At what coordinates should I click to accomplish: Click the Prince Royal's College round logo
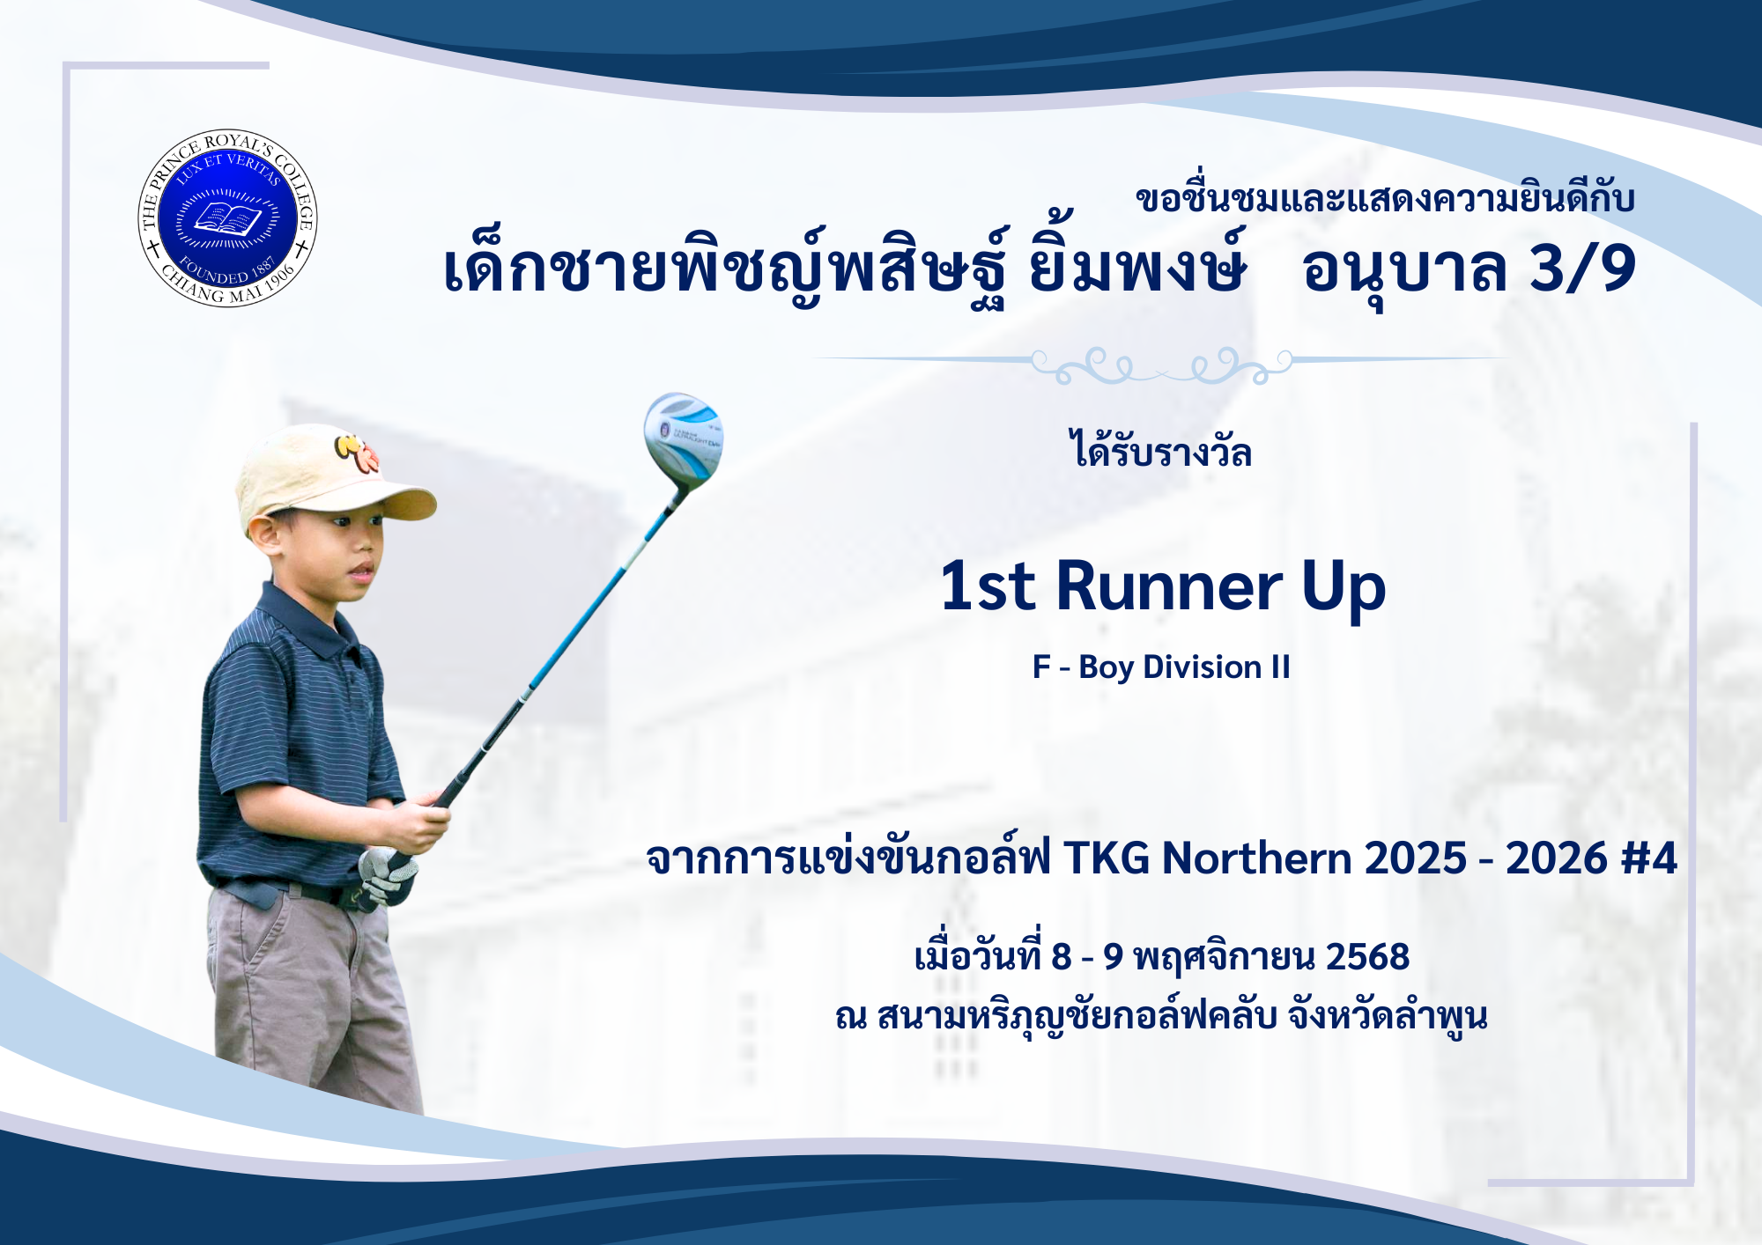click(227, 218)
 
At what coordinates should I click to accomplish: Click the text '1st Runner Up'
click(1163, 587)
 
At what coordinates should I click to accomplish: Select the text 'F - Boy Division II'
click(1161, 667)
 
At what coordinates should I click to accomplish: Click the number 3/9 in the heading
click(1582, 268)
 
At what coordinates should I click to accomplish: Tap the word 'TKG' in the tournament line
click(1107, 858)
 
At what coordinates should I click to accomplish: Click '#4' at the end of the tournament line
click(1649, 858)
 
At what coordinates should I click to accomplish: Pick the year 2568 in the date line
click(1367, 957)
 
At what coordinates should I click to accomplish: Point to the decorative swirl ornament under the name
click(1161, 365)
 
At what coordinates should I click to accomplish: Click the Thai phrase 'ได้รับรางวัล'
click(1160, 450)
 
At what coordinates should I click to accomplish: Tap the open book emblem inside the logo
click(227, 218)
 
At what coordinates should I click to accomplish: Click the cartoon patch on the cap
click(357, 451)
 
